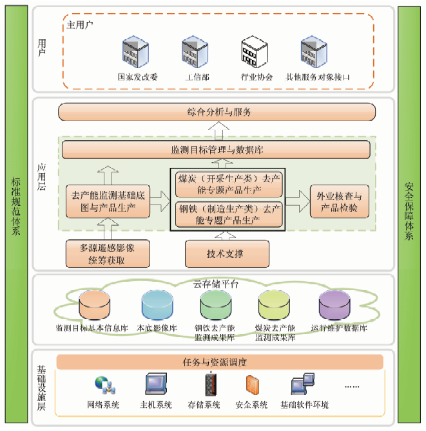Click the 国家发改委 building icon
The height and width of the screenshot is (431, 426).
tap(137, 53)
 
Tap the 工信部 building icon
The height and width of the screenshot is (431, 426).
tap(195, 53)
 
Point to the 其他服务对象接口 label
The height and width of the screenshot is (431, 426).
tap(318, 77)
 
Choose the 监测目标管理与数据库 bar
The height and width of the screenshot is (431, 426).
tap(216, 150)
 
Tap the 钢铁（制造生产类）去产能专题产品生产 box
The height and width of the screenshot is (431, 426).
tap(228, 215)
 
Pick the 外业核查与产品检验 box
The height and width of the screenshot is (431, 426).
tap(335, 201)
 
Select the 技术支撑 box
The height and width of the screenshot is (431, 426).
tap(227, 253)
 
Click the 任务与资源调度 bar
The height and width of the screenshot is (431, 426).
tap(219, 362)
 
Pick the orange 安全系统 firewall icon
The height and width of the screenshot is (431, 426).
tap(251, 385)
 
